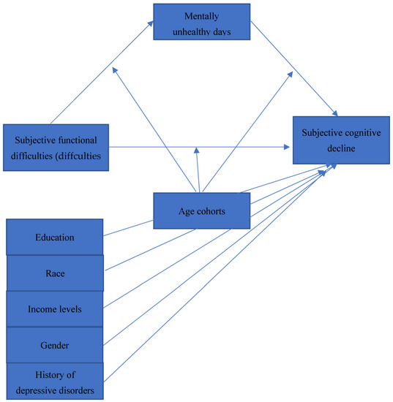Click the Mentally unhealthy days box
click(201, 21)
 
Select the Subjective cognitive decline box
click(340, 139)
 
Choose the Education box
click(55, 237)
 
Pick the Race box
click(55, 273)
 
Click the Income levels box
click(55, 308)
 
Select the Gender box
click(55, 344)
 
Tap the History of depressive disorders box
click(55, 381)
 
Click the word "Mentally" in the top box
click(201, 15)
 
